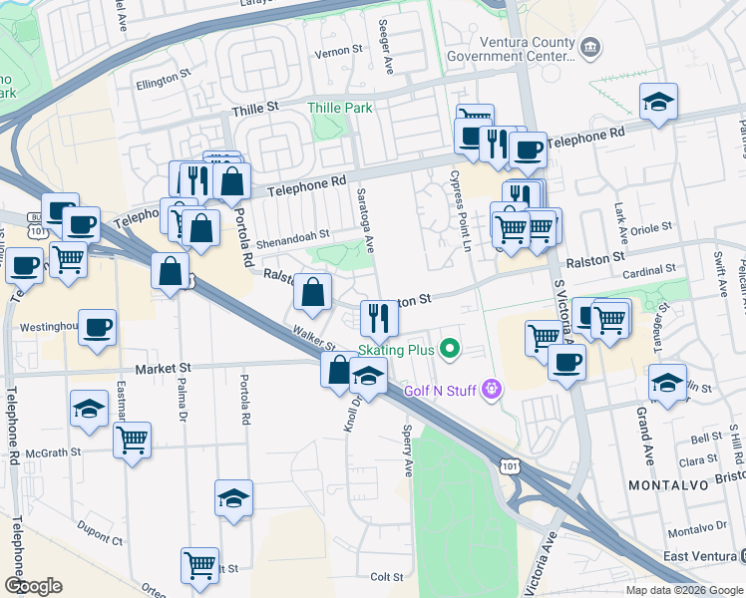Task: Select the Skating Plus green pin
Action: tap(450, 349)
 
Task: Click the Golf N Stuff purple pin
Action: tap(490, 389)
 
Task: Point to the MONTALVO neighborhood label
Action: tap(669, 483)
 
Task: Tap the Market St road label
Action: tap(162, 369)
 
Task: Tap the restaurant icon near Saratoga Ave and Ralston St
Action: tap(378, 318)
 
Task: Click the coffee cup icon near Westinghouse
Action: tap(97, 327)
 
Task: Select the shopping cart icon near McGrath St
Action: tap(132, 440)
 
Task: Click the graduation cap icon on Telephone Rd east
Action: tap(658, 102)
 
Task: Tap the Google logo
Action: tap(33, 586)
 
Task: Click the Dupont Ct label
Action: tap(102, 541)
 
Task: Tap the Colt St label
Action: tap(386, 577)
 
